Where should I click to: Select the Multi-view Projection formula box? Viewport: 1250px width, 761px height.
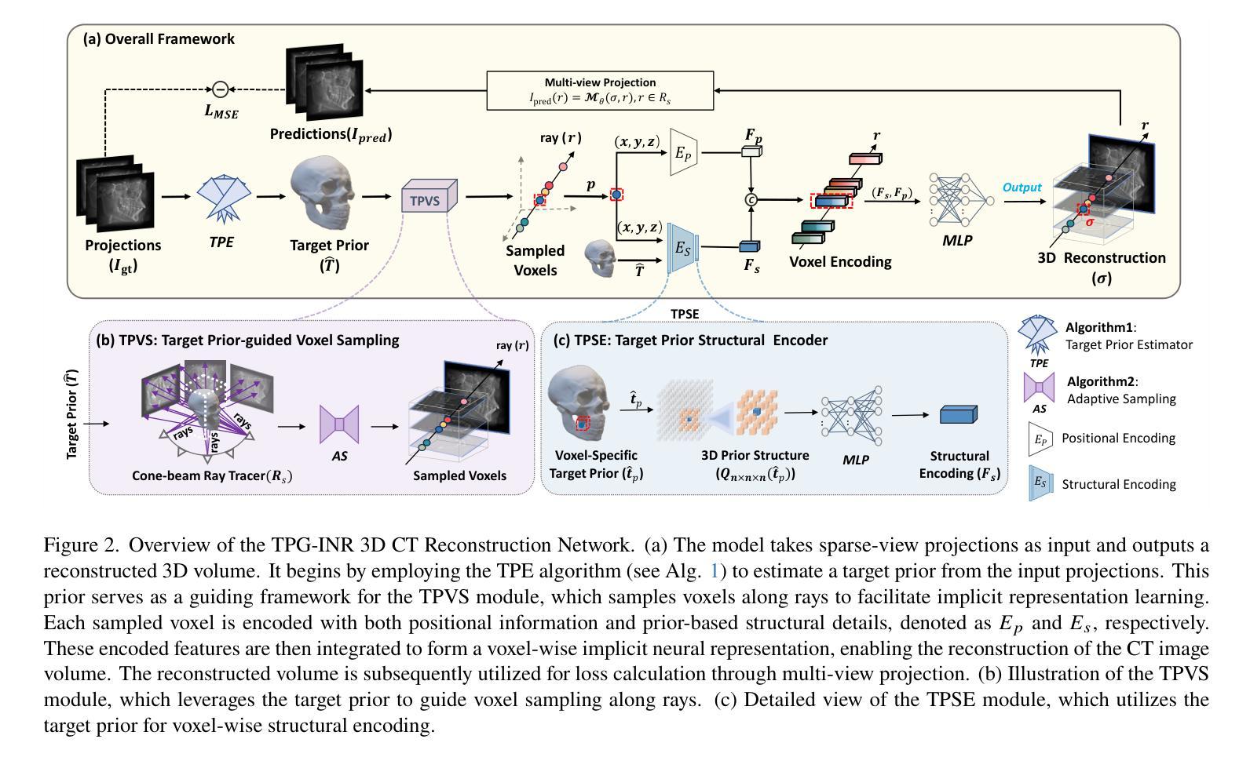[600, 90]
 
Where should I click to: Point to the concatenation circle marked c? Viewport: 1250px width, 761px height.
[751, 200]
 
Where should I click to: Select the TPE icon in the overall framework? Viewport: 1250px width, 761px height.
[221, 197]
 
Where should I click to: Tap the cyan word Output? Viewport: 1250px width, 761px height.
[1022, 188]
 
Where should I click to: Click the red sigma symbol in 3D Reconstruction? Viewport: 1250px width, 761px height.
[1089, 222]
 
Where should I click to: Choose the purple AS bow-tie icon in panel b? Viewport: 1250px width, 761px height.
[339, 424]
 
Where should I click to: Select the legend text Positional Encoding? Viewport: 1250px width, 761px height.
[1118, 438]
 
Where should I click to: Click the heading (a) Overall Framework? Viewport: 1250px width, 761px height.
[159, 38]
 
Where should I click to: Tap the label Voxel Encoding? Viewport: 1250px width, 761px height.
[840, 261]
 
